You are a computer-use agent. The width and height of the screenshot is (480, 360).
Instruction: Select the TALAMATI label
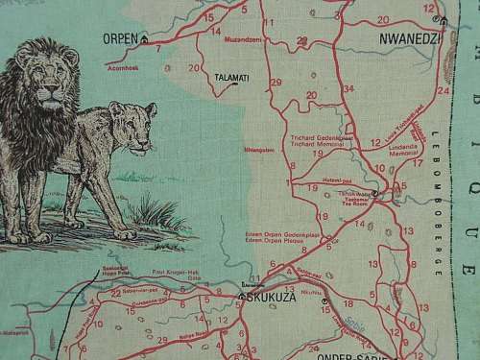click(230, 75)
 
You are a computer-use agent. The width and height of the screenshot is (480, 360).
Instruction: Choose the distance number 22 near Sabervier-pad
click(116, 292)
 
